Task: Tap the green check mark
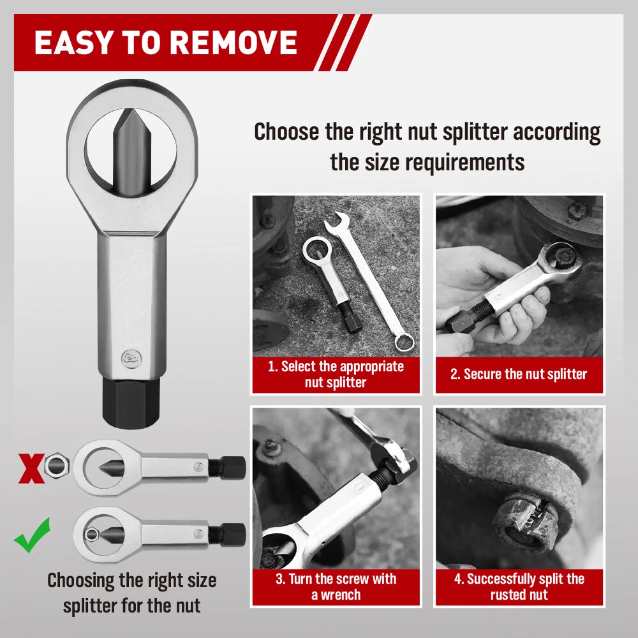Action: (x=32, y=536)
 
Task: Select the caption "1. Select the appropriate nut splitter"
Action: (x=336, y=375)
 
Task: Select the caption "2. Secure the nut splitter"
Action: (x=518, y=375)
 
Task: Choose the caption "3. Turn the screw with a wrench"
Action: (x=336, y=587)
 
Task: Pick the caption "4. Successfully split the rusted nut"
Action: (x=518, y=587)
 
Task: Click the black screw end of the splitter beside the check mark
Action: (x=234, y=533)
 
